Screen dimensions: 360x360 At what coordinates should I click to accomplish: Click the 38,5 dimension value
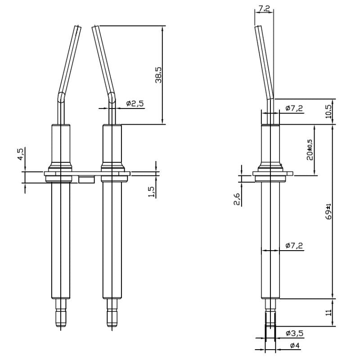[x=158, y=75]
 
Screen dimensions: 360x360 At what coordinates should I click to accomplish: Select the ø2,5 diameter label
[x=135, y=103]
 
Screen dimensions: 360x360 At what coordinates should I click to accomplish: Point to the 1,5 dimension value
[x=152, y=192]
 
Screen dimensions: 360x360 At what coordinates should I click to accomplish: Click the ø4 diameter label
[x=295, y=346]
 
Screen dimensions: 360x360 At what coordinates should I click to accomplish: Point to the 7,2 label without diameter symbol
[x=264, y=8]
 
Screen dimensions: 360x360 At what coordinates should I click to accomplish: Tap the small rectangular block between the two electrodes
[x=86, y=180]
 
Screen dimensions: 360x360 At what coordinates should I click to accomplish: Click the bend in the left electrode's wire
[x=61, y=95]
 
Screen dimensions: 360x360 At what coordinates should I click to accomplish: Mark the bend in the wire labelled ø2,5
[x=111, y=95]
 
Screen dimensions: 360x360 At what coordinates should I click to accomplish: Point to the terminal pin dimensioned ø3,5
[x=270, y=315]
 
